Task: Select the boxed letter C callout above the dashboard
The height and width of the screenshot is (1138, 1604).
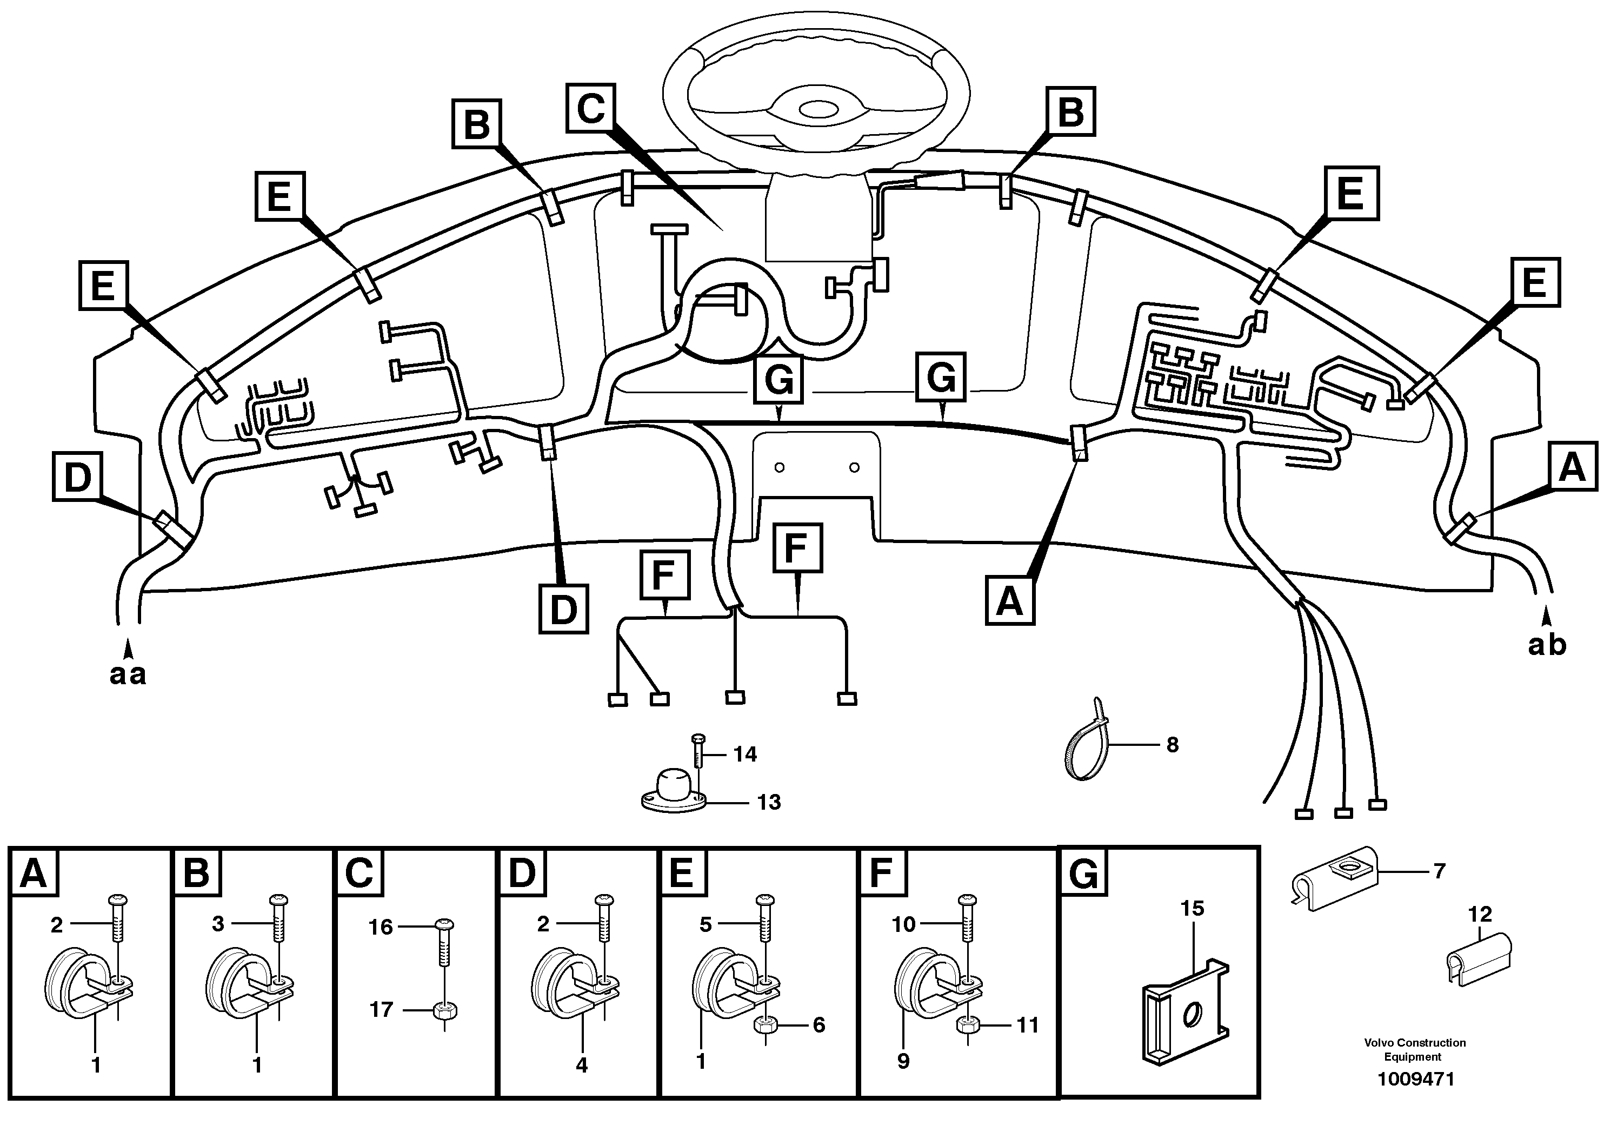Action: pyautogui.click(x=590, y=108)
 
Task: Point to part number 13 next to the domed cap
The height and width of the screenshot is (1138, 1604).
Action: pyautogui.click(x=768, y=802)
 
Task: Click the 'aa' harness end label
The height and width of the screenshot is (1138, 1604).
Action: pyautogui.click(x=128, y=674)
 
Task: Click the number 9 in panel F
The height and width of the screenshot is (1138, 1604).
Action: pyautogui.click(x=903, y=1061)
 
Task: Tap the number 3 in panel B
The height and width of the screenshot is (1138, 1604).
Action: pyautogui.click(x=218, y=924)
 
